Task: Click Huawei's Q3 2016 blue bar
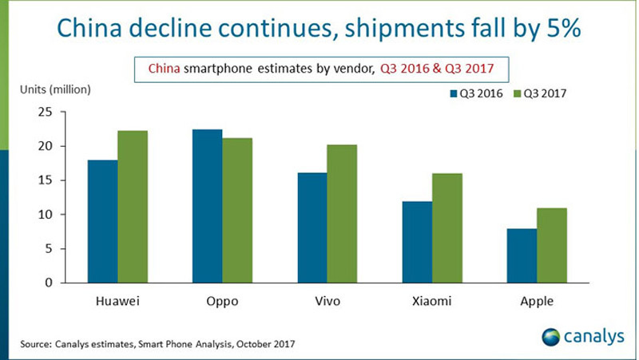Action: pos(102,221)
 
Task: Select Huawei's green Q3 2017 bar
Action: pos(133,207)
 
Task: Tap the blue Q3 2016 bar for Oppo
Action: pos(208,206)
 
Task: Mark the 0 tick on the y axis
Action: pos(48,283)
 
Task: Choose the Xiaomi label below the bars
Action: pos(433,302)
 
